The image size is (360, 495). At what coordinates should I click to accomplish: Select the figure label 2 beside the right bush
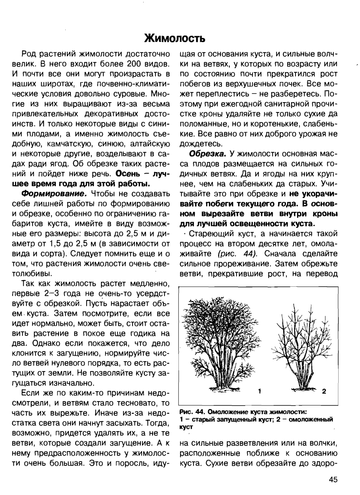(x=324, y=392)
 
